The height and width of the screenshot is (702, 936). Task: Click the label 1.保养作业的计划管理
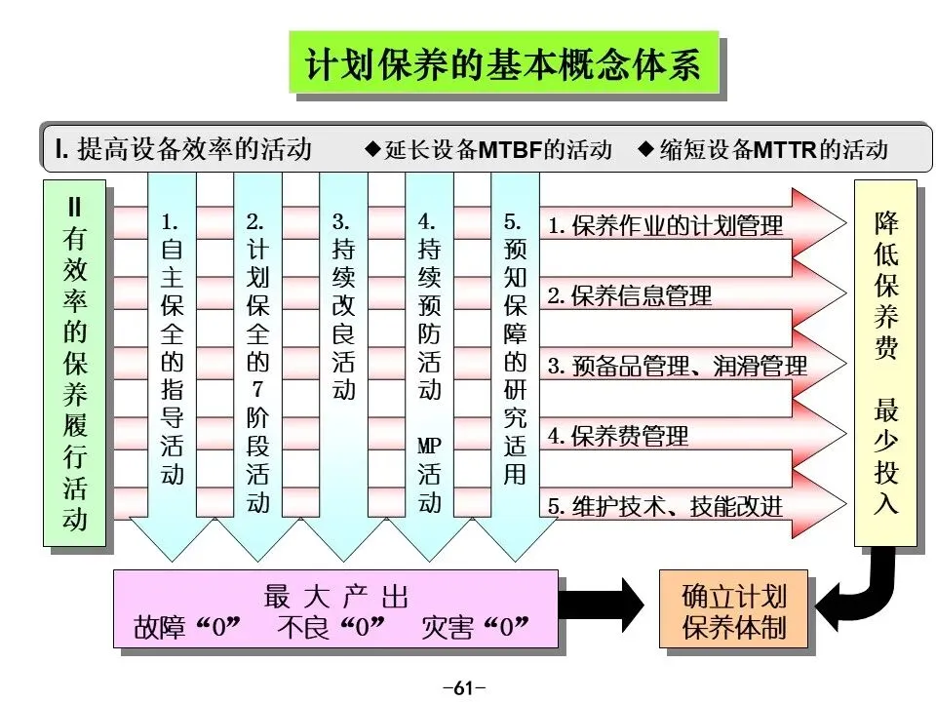[x=665, y=226]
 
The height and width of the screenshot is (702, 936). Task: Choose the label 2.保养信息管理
[x=629, y=296]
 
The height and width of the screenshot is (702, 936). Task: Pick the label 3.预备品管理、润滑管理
[x=677, y=367]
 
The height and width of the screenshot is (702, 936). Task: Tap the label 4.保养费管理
[x=617, y=436]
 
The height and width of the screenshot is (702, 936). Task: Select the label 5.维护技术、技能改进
[x=665, y=506]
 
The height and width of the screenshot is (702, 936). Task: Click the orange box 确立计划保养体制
[x=734, y=610]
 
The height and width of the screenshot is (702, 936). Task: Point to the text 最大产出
[x=335, y=597]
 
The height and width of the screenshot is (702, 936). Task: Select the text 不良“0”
[x=331, y=627]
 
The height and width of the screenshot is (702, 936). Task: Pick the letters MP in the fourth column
[x=430, y=447]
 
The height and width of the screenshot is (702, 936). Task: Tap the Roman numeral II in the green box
[x=75, y=208]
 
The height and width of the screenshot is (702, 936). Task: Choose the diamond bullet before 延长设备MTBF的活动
[x=371, y=149]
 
